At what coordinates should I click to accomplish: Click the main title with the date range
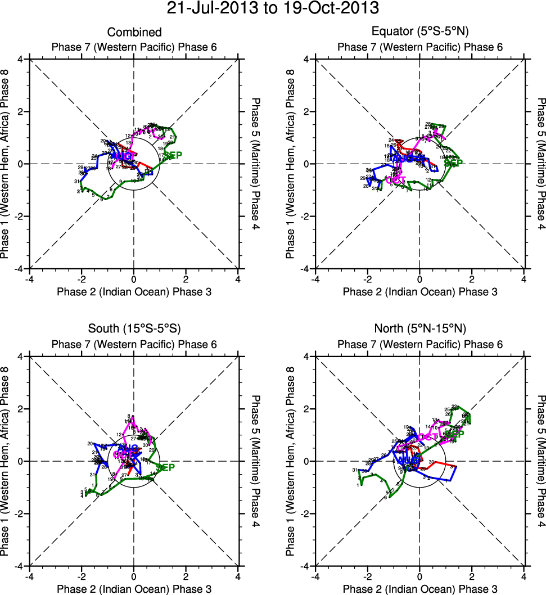[x=273, y=9]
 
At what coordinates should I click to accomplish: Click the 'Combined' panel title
[x=134, y=33]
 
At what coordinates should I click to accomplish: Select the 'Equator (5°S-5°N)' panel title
[x=419, y=33]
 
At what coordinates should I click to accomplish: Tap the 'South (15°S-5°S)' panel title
[x=134, y=329]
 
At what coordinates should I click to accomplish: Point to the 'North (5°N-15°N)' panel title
[x=419, y=329]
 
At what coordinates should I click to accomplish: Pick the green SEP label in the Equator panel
[x=453, y=163]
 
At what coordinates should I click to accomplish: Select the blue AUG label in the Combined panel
[x=122, y=155]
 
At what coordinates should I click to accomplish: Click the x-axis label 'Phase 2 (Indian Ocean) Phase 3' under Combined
[x=134, y=291]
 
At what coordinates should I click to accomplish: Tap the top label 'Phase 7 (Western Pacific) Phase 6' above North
[x=419, y=344]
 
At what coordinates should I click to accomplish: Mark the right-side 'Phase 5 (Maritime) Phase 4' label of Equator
[x=540, y=164]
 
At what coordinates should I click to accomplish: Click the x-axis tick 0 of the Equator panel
[x=419, y=278]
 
